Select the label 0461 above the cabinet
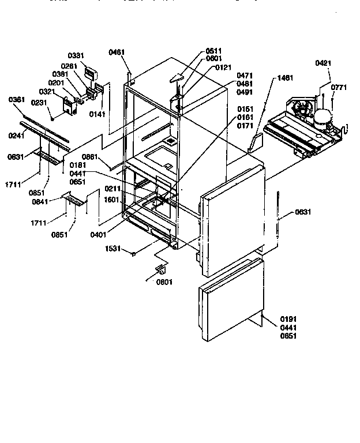[116, 52]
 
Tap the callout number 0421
[324, 63]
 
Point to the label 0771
[339, 87]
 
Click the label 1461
[284, 77]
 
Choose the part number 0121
[224, 67]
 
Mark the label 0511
[213, 51]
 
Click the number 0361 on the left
[17, 100]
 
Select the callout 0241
[17, 137]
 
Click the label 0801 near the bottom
[164, 282]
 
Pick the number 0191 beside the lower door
[288, 319]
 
